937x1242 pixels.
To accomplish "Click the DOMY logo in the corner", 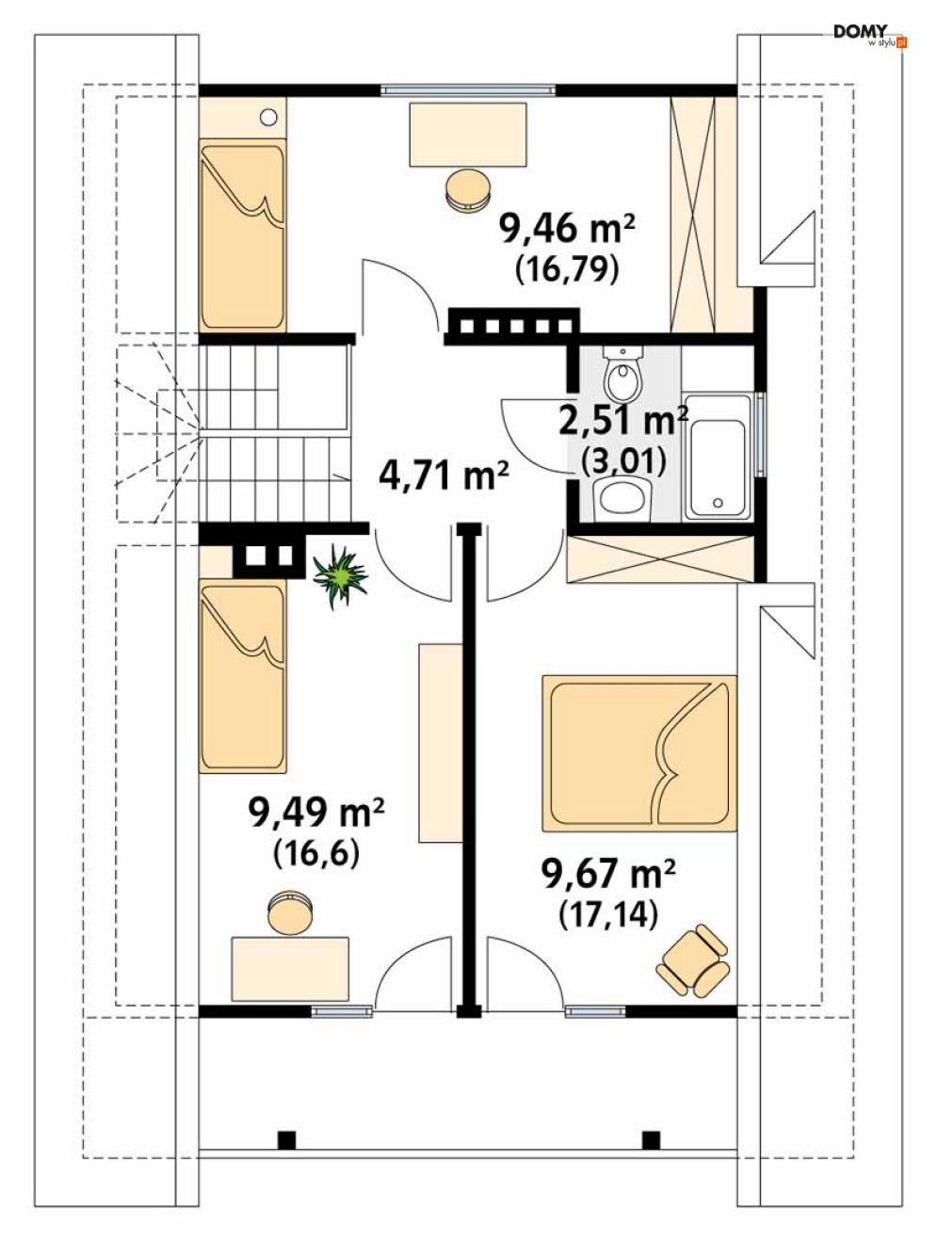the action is point(869,36).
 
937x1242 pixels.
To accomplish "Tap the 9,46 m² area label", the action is point(567,229).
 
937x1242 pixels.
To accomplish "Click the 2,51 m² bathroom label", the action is point(623,421).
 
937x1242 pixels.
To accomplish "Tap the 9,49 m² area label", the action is point(316,814).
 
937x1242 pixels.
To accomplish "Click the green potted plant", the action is point(341,576).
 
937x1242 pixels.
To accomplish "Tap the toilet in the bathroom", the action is point(623,372).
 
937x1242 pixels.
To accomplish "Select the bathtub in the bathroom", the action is point(718,456).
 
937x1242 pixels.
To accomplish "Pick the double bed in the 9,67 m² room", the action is point(638,753).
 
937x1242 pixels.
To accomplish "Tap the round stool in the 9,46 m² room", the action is point(467,191).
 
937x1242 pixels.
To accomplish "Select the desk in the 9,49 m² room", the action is point(290,969).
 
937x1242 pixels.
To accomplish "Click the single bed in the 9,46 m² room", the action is point(243,234).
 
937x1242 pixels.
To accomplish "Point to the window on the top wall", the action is point(467,89).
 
